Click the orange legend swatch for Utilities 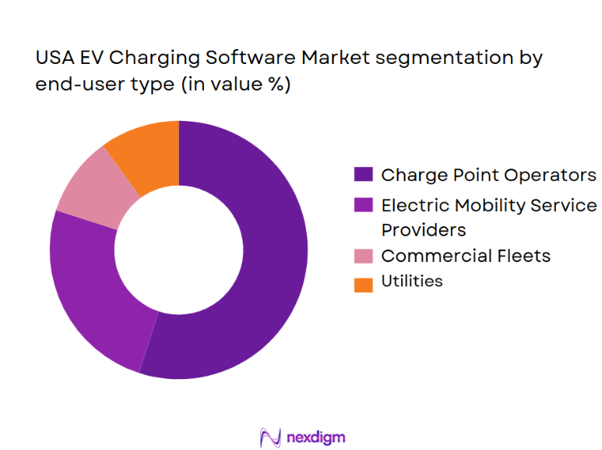[x=363, y=282]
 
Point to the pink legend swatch [x=363, y=257]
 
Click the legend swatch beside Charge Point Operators [x=363, y=175]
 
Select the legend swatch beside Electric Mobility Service [x=363, y=206]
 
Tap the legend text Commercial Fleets [x=466, y=256]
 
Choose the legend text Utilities [x=412, y=282]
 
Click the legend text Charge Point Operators [x=488, y=175]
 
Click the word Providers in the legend [x=423, y=230]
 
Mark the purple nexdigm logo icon [x=269, y=437]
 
